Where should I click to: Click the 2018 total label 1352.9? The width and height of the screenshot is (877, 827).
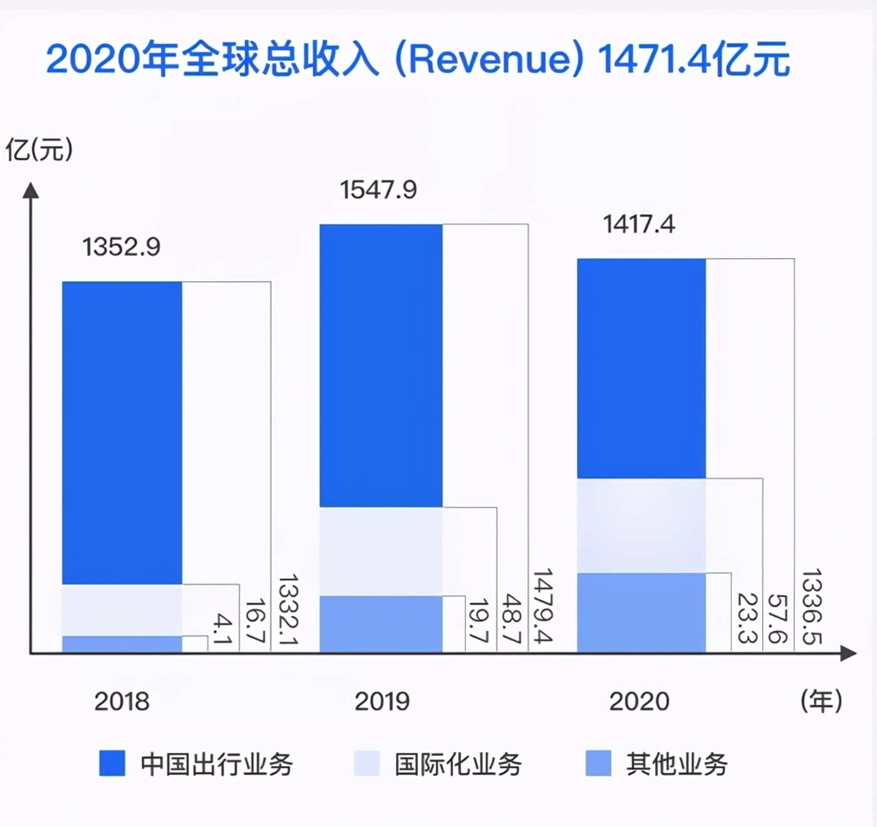point(121,247)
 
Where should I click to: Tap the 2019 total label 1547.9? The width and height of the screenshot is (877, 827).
point(378,190)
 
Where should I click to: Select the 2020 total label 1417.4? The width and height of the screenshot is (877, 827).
point(639,224)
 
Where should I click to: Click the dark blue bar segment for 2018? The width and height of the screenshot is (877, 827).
point(122,432)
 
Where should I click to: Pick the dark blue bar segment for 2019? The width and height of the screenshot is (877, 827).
point(381,365)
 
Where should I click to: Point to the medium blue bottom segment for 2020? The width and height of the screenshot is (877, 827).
point(641,612)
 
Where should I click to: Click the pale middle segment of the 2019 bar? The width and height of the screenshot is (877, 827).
point(381,551)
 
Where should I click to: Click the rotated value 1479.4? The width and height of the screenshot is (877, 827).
point(542,606)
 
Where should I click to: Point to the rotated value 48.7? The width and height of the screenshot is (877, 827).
point(512,618)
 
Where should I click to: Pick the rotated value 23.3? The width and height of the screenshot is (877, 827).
point(747,618)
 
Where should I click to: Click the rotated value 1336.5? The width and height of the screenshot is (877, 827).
point(811,606)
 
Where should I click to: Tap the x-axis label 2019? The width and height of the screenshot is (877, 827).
point(381,701)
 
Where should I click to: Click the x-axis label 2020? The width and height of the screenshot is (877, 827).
point(639,701)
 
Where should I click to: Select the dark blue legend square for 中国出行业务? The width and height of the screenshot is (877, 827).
point(112,764)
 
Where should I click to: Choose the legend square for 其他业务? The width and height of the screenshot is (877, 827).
point(598,764)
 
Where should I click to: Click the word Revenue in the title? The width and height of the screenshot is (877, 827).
point(489,60)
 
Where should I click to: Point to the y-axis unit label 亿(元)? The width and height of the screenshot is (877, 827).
point(39,150)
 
